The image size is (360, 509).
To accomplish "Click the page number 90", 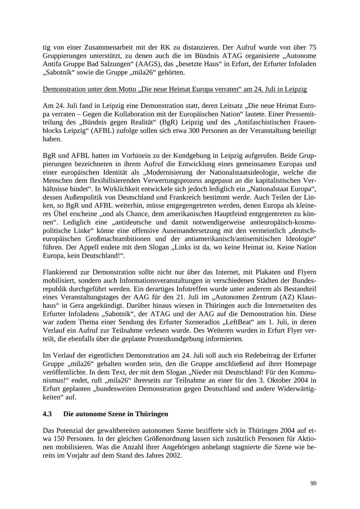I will click(x=313, y=483).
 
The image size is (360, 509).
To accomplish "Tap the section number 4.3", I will click(x=47, y=414).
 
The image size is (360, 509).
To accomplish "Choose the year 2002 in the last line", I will click(x=174, y=455).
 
